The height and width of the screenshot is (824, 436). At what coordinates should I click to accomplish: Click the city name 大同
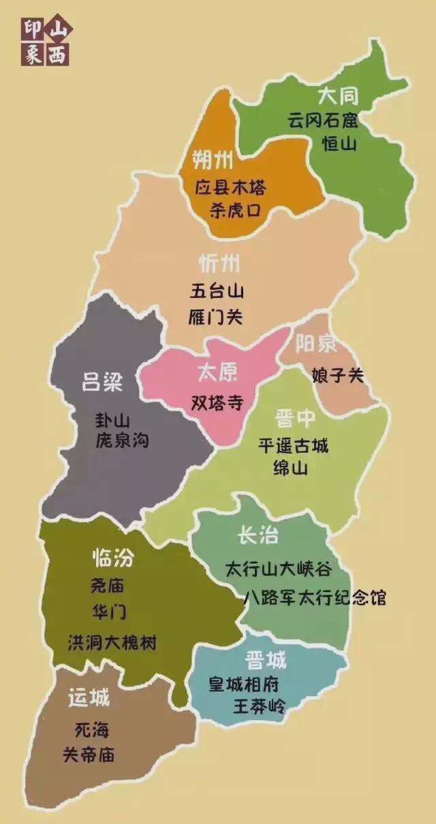pos(339,95)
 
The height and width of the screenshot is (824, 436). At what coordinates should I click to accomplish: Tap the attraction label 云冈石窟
pos(322,121)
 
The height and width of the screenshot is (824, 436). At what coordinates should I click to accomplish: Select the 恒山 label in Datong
pos(339,144)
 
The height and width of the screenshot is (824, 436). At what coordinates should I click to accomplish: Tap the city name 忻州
pos(219,264)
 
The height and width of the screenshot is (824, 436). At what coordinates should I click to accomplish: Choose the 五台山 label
pos(217,291)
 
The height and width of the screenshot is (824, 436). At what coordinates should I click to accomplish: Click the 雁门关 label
pos(216,317)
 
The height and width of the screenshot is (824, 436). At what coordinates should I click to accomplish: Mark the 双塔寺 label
pos(217,402)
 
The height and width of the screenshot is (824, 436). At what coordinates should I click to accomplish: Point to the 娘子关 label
pos(338,375)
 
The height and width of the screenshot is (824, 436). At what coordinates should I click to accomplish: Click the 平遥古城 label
pos(293,446)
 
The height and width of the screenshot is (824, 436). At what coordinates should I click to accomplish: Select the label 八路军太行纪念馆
pos(315,598)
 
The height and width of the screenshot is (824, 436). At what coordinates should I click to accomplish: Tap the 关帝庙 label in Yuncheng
pos(89,755)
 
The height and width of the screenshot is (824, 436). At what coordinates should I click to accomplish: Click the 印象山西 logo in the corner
pos(46,42)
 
